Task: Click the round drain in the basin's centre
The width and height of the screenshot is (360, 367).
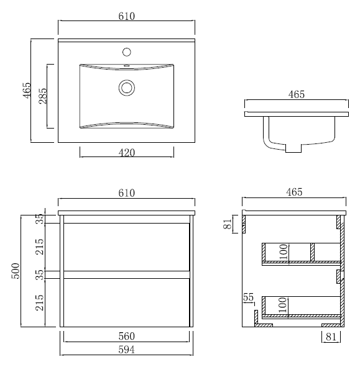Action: pyautogui.click(x=127, y=88)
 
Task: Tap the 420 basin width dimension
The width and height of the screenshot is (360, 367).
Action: pyautogui.click(x=127, y=153)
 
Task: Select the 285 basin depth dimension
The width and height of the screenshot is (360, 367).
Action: pyautogui.click(x=43, y=96)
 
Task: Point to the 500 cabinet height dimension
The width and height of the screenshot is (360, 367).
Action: pyautogui.click(x=16, y=271)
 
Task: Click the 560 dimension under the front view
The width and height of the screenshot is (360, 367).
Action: pyautogui.click(x=127, y=337)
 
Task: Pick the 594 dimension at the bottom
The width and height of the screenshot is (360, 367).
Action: pyautogui.click(x=127, y=350)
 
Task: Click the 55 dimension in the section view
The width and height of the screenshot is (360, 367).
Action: pyautogui.click(x=248, y=297)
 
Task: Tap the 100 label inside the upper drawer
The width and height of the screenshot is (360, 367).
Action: pyautogui.click(x=284, y=252)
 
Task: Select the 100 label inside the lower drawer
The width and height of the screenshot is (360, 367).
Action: pyautogui.click(x=283, y=305)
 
